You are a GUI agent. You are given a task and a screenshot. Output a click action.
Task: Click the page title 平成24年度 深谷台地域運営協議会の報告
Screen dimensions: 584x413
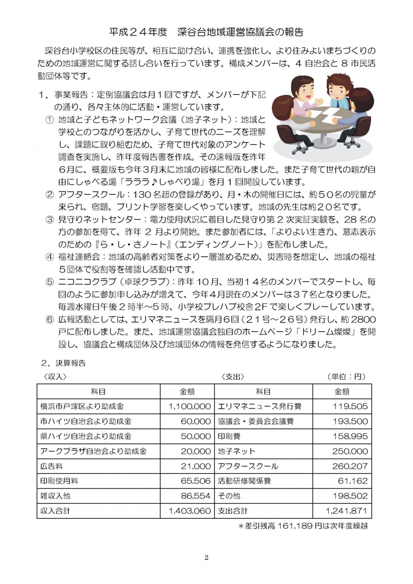[206, 32]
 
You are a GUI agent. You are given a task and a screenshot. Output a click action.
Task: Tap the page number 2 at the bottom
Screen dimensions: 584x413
[206, 557]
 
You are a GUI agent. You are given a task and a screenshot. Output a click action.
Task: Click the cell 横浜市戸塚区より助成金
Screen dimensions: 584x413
[82, 406]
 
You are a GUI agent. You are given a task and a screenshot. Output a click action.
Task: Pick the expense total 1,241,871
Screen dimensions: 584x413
[347, 511]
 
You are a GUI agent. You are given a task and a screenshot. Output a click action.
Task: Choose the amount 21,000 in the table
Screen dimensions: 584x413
[196, 466]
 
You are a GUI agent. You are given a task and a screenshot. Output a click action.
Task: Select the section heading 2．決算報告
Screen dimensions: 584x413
[63, 364]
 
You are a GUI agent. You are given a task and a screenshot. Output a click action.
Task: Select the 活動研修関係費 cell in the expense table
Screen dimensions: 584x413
[247, 481]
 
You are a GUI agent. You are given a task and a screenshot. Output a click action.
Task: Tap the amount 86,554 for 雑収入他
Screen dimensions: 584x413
[196, 496]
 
